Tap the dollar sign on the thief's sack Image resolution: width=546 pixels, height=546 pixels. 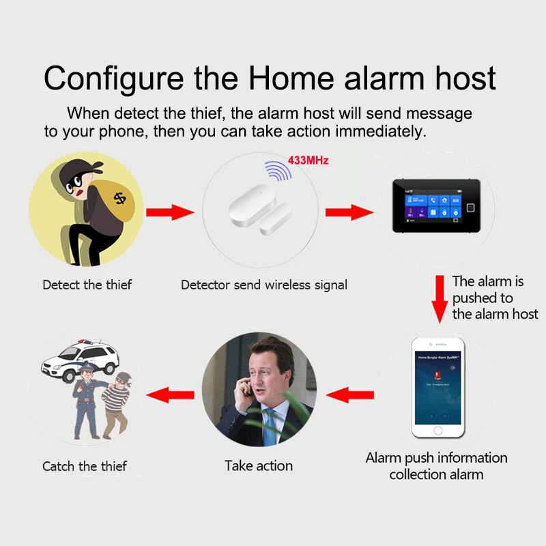click(x=120, y=198)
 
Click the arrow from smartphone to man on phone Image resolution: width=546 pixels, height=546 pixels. click(x=349, y=394)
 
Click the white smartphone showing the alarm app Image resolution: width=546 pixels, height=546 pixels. click(x=437, y=388)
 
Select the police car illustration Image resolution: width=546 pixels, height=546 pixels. click(x=79, y=360)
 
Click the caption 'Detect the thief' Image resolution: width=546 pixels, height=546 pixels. click(x=87, y=285)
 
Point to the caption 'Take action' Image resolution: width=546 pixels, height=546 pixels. click(x=259, y=466)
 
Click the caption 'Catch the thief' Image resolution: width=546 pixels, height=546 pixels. click(x=85, y=467)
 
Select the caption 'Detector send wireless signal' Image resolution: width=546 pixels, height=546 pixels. click(x=264, y=285)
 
